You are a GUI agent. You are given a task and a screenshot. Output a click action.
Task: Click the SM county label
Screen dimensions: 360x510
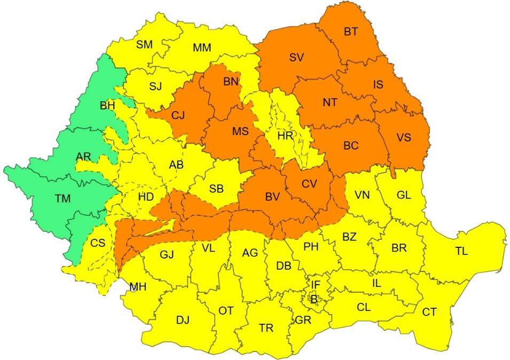click(x=144, y=45)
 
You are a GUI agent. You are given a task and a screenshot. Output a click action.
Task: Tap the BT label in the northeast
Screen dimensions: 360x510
click(x=350, y=32)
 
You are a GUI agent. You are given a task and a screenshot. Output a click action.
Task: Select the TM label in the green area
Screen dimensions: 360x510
click(x=62, y=198)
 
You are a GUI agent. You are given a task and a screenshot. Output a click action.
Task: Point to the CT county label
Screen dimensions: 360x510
click(x=429, y=312)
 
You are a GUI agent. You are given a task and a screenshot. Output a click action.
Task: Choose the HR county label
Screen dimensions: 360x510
click(x=285, y=136)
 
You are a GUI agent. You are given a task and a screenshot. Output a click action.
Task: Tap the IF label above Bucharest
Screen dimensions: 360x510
click(x=316, y=286)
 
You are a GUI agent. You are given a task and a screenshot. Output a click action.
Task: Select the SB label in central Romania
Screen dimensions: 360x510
click(x=216, y=189)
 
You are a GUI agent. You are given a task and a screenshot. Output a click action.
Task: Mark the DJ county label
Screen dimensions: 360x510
click(x=183, y=320)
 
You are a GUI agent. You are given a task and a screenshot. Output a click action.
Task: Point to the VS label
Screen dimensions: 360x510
click(x=404, y=137)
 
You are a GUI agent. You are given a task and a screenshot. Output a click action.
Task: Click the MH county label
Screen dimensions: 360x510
click(x=138, y=287)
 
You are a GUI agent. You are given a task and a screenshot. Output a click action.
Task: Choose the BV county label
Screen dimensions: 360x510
click(x=272, y=197)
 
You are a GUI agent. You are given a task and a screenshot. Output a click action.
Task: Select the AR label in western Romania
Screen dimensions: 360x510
click(x=84, y=156)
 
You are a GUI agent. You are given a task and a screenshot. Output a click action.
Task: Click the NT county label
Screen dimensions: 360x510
click(x=330, y=103)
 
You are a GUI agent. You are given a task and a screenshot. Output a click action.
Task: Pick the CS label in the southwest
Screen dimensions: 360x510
click(x=98, y=244)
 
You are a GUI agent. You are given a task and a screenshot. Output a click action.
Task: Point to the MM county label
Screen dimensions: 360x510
click(x=202, y=48)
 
